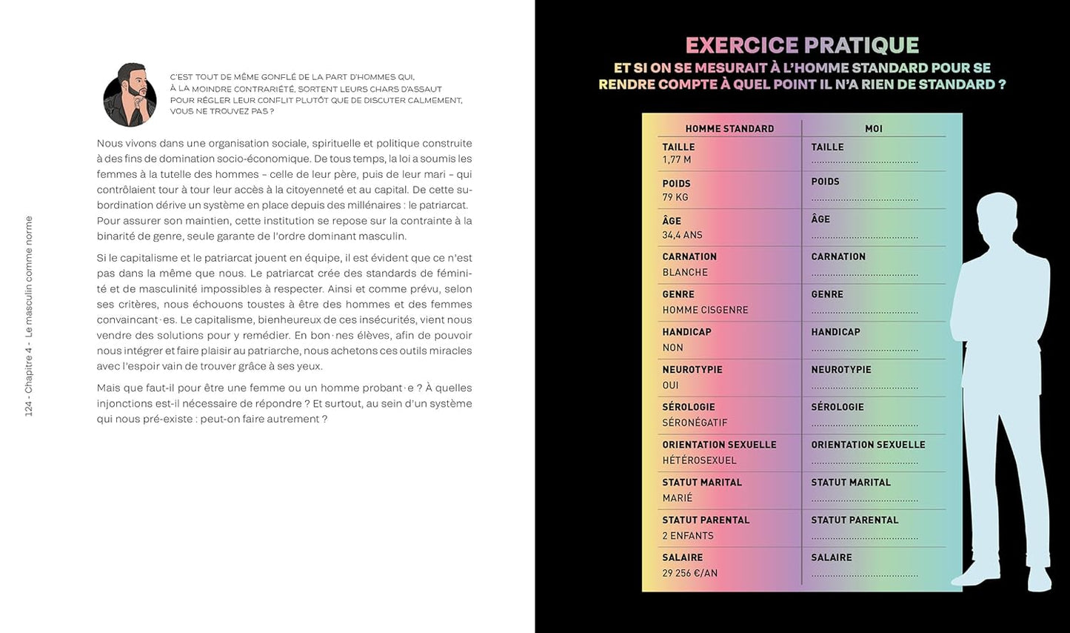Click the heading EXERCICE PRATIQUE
point(802,46)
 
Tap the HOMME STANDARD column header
point(729,128)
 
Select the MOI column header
point(874,128)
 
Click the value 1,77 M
point(677,160)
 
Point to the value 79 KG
point(675,197)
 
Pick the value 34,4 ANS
point(682,235)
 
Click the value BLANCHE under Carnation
point(685,272)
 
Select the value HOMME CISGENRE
point(705,310)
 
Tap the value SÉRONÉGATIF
point(695,422)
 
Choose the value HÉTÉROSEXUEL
point(699,460)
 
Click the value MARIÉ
point(678,498)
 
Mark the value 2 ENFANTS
point(688,536)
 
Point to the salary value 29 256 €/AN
point(689,573)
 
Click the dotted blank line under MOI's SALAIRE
point(864,574)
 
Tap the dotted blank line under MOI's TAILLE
point(864,162)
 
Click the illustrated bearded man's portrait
point(130,95)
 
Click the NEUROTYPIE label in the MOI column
point(841,370)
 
